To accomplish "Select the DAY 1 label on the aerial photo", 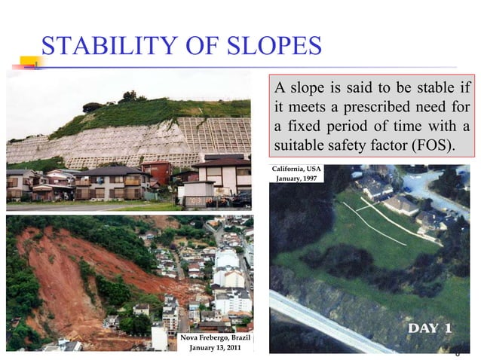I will click(429, 328).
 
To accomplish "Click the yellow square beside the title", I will click(32, 61).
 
